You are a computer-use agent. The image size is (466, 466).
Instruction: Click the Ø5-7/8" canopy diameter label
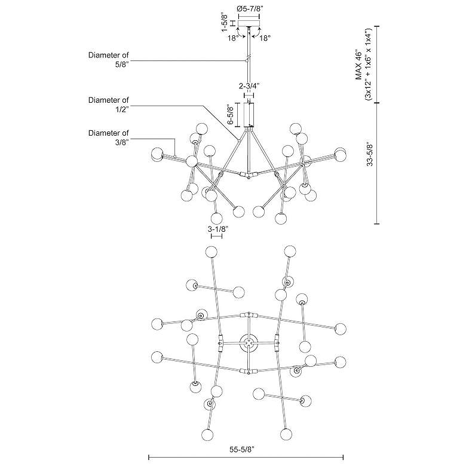pos(249,8)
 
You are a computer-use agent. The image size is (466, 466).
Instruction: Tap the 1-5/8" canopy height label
pos(225,22)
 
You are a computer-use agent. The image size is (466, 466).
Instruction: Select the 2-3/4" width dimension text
pos(249,86)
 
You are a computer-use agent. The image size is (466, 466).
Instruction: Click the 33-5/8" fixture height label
pos(370,155)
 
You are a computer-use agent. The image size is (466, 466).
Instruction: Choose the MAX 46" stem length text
pos(359,66)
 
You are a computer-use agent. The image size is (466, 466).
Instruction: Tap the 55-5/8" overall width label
pos(242,450)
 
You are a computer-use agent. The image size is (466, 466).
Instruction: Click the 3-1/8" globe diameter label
pos(218,229)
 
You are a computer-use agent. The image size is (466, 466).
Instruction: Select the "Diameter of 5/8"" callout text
pos(109,59)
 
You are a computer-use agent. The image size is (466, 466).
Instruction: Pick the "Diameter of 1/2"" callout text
pos(109,105)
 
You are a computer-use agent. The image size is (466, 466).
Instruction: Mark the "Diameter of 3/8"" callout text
pos(109,137)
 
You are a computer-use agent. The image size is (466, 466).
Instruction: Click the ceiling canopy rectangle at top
pos(249,23)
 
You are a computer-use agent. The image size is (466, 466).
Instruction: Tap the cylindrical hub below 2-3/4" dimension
pos(249,115)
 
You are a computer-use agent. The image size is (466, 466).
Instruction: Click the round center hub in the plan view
pos(249,343)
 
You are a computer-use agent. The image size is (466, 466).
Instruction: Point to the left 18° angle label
pos(233,38)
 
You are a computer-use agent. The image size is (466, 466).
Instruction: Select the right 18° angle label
pos(265,38)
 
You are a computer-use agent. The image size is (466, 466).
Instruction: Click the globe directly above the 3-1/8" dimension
pos(217,219)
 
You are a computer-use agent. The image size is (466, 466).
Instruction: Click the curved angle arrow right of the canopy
pos(256,32)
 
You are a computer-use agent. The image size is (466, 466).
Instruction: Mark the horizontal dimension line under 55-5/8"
pos(246,457)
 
